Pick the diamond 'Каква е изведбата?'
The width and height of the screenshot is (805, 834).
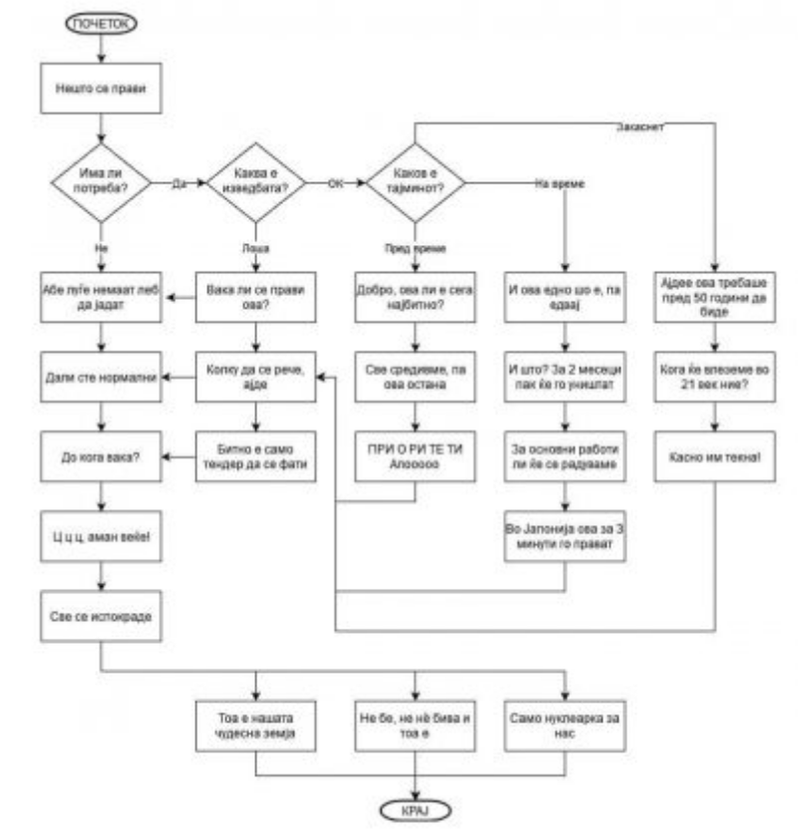tap(257, 183)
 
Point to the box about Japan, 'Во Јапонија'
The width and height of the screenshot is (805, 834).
tap(566, 539)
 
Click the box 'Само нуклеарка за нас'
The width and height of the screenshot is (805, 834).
tap(566, 722)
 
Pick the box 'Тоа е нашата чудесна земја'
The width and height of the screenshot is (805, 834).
tap(257, 722)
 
